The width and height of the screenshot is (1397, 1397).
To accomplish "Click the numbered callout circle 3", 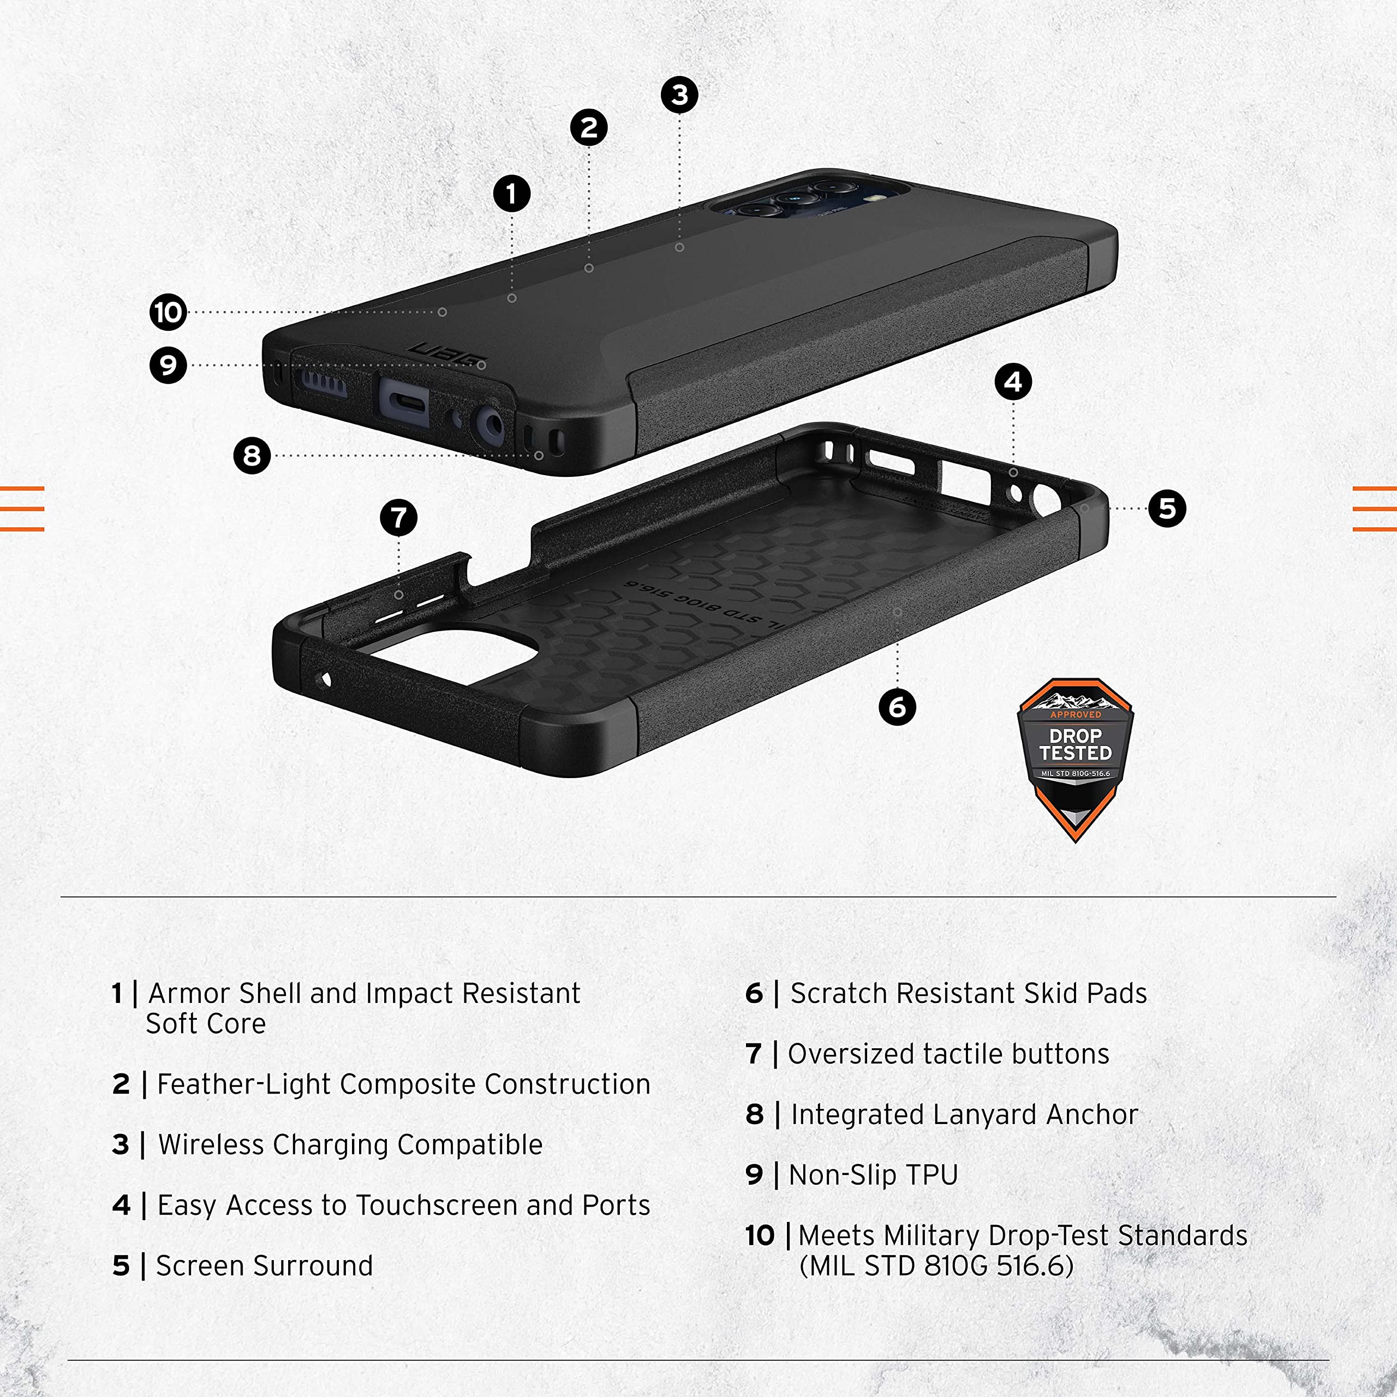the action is pyautogui.click(x=680, y=95).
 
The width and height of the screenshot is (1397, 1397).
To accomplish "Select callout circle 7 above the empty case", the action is pyautogui.click(x=398, y=518).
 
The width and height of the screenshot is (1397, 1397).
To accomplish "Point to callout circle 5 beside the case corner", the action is pyautogui.click(x=1167, y=509).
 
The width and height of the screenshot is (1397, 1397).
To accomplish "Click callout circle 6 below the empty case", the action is pyautogui.click(x=897, y=707).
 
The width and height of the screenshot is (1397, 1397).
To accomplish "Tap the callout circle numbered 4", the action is pyautogui.click(x=1013, y=382).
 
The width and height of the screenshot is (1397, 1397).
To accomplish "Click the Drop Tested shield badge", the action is pyautogui.click(x=1075, y=759).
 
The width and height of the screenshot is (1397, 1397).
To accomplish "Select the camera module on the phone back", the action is pyautogui.click(x=810, y=198).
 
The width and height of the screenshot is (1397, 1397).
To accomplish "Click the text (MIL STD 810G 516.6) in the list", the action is pyautogui.click(x=936, y=1266).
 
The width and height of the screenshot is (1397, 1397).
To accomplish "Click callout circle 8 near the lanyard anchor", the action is pyautogui.click(x=252, y=456).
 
